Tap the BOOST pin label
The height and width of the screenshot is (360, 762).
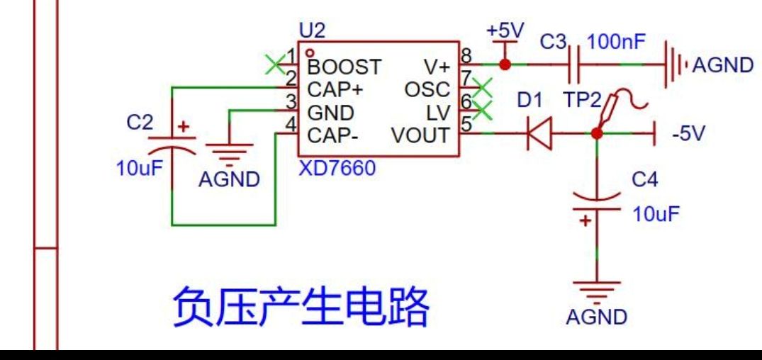(x=344, y=68)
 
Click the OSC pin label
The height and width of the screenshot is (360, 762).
(x=427, y=90)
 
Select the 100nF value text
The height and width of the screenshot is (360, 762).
(x=616, y=43)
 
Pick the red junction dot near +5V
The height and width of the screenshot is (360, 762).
(x=504, y=64)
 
